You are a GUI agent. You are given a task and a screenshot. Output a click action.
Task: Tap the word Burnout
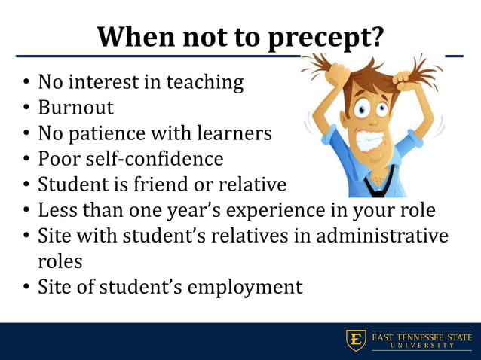click(x=75, y=107)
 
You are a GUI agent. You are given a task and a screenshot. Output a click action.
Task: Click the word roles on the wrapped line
click(x=60, y=261)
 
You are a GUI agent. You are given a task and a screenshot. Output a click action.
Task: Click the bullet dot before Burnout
click(x=26, y=108)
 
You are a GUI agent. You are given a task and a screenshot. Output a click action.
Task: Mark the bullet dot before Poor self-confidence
click(x=26, y=160)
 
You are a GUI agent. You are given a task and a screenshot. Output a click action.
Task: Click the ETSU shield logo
click(x=355, y=340)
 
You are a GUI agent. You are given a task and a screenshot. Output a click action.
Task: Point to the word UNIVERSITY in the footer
click(x=421, y=346)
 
